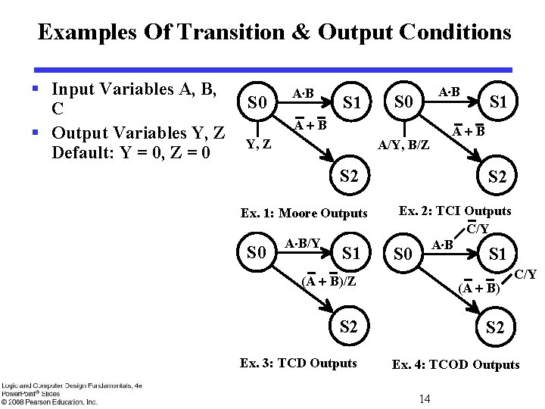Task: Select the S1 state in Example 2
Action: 498,101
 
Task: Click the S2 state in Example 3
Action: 348,327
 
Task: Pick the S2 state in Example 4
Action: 495,327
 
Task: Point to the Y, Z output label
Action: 260,142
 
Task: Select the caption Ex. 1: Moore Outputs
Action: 304,214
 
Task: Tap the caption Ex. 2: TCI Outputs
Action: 455,211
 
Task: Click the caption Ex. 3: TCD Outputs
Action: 298,363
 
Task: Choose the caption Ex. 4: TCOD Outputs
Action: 456,364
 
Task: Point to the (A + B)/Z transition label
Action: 329,281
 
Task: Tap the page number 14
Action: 424,398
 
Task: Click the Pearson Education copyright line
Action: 49,401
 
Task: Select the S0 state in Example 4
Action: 403,254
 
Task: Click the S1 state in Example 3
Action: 351,253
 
